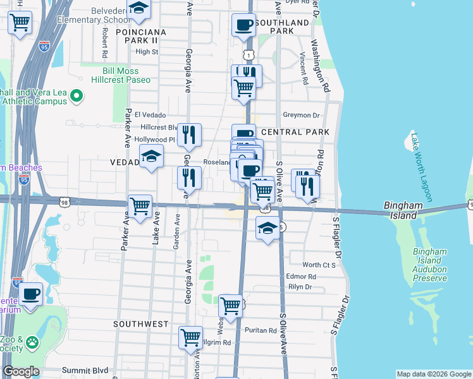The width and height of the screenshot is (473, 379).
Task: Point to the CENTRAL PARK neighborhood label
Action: pos(295,132)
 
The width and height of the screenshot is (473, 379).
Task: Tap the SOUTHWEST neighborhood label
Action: pos(141,324)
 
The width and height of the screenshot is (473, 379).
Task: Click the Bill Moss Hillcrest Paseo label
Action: pos(124,75)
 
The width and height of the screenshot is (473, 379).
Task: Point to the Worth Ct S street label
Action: pos(319,265)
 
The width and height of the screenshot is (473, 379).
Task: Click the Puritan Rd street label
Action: pos(263,330)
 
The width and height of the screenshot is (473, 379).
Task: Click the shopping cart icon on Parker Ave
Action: pos(140,205)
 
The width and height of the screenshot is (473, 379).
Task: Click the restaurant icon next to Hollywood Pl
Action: pos(189,135)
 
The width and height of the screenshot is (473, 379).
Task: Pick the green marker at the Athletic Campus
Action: pos(77,97)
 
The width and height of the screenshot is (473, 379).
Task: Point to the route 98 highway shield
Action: pos(65,202)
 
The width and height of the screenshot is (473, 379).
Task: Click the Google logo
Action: pos(21,371)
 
